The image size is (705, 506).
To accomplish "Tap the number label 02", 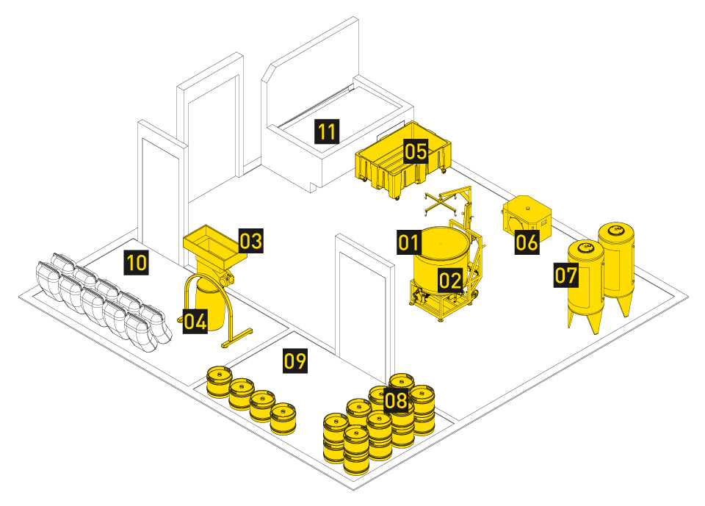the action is pyautogui.click(x=450, y=281).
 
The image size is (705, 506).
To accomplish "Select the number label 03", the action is pyautogui.click(x=251, y=241).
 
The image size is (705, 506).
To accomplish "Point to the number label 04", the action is pyautogui.click(x=195, y=321).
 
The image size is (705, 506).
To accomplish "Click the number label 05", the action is pyautogui.click(x=416, y=151).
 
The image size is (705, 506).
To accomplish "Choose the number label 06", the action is pyautogui.click(x=527, y=242).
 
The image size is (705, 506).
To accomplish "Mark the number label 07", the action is pyautogui.click(x=566, y=275).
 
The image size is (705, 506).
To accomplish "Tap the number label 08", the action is pyautogui.click(x=396, y=400).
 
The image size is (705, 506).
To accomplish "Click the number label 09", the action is pyautogui.click(x=295, y=361).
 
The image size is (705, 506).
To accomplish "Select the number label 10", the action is pyautogui.click(x=137, y=262).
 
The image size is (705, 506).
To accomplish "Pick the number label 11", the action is pyautogui.click(x=327, y=131).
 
